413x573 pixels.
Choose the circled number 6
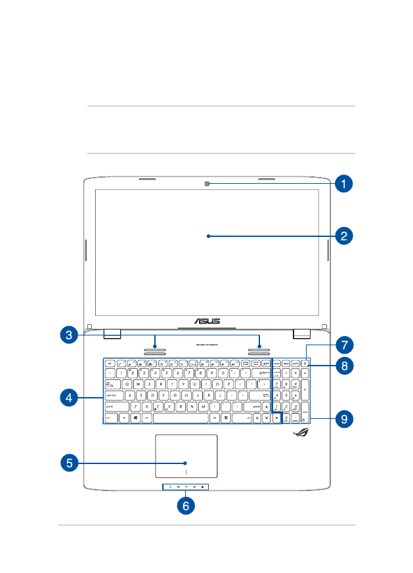click(x=186, y=506)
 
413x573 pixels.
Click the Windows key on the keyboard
click(x=135, y=417)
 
